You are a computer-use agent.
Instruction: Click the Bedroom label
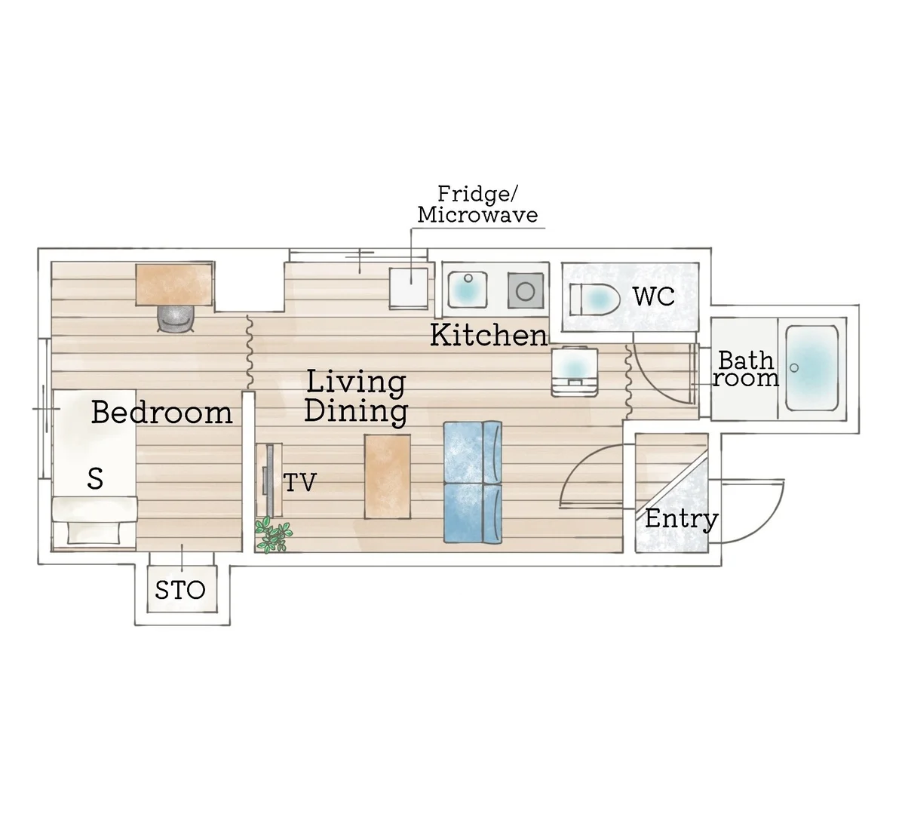tap(162, 412)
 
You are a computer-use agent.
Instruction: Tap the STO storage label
tap(180, 590)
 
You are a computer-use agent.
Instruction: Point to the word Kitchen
tap(489, 335)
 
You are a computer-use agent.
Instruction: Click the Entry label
tap(681, 519)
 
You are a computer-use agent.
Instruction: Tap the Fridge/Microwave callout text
tap(477, 204)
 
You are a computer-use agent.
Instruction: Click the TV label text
tap(300, 483)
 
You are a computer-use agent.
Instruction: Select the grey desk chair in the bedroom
tap(176, 319)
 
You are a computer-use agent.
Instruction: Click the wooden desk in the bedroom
tap(175, 284)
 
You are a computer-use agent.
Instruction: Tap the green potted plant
tap(273, 536)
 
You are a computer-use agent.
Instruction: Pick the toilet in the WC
tap(594, 299)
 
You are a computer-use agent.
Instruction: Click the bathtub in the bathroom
tap(811, 368)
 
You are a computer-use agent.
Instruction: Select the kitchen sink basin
tap(467, 290)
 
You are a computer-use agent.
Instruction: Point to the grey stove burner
tap(525, 291)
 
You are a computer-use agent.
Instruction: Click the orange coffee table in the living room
tap(387, 477)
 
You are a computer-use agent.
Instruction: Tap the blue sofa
tap(473, 483)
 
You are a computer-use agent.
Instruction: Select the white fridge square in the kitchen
tap(409, 288)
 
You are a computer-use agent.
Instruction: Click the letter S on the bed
tap(95, 478)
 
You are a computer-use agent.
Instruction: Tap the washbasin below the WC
tap(575, 371)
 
